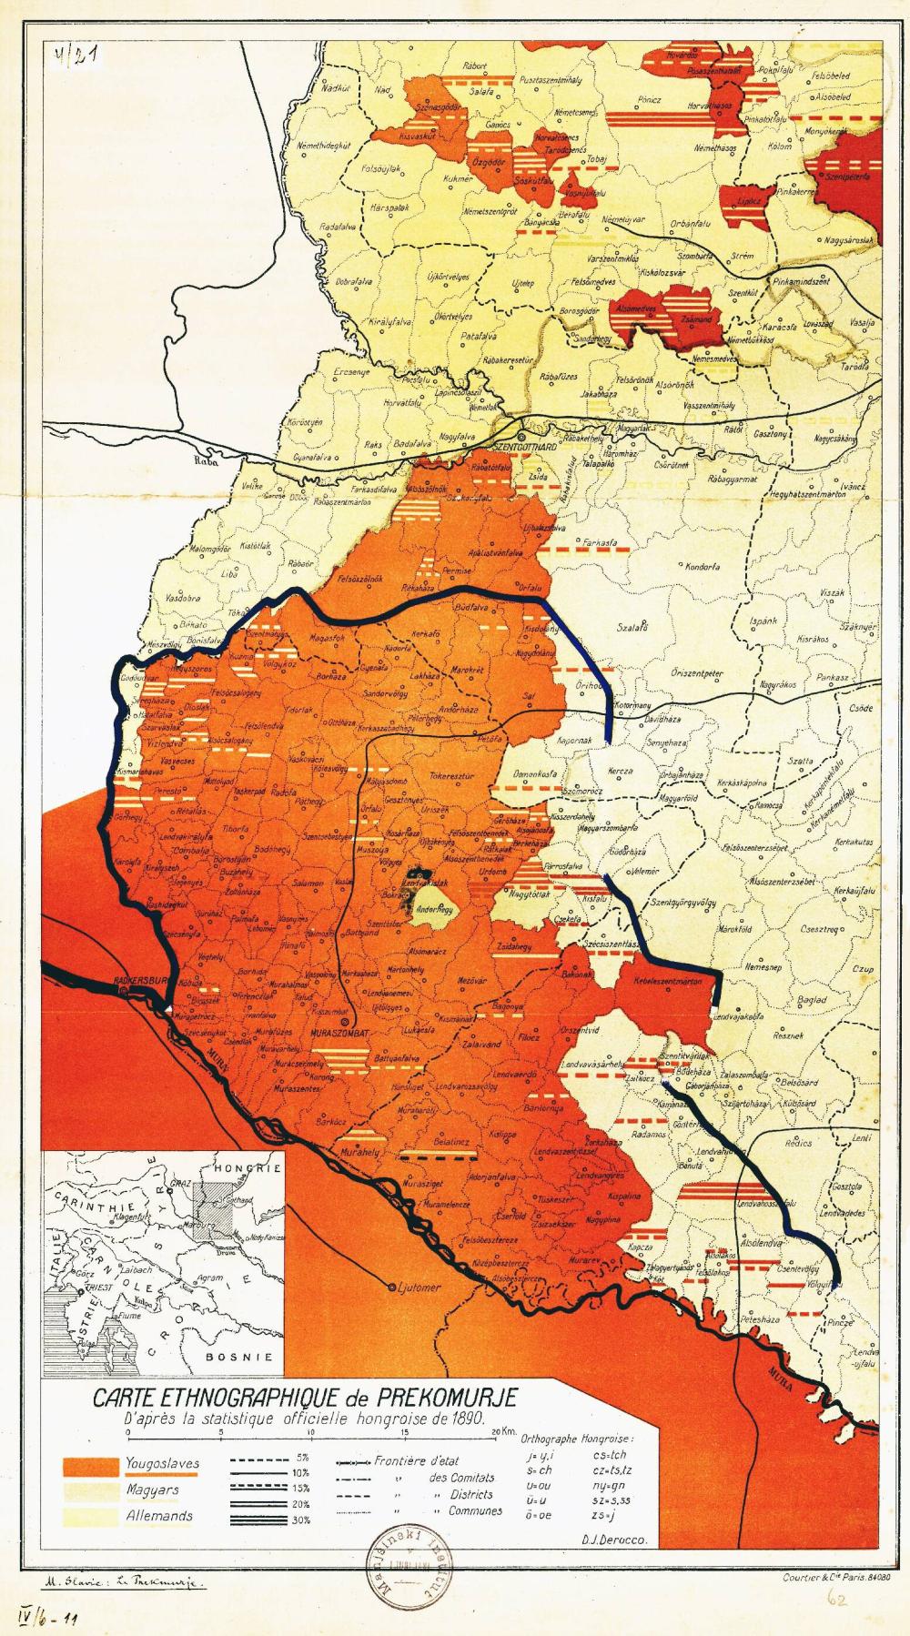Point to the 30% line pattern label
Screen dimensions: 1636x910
click(x=303, y=1520)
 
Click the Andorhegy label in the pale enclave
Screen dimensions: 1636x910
click(x=434, y=909)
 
